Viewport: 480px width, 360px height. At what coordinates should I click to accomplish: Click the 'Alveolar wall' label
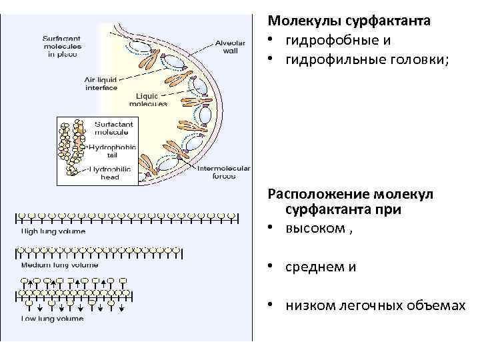(229, 47)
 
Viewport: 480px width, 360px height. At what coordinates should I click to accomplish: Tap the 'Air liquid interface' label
(101, 83)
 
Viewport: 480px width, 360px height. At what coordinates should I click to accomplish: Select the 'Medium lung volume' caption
(60, 265)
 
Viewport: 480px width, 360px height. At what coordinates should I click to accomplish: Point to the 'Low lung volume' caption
(53, 319)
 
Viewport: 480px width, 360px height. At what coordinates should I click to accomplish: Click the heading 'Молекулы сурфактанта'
(349, 21)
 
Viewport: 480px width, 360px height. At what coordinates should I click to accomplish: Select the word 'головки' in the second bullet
(419, 60)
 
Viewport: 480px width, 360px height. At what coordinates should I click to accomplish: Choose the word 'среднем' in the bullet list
(313, 267)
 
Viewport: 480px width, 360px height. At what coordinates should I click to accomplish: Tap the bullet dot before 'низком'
(273, 306)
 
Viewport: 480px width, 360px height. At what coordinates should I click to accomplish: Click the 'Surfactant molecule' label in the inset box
(114, 128)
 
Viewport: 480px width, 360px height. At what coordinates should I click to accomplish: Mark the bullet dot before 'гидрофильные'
(273, 61)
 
